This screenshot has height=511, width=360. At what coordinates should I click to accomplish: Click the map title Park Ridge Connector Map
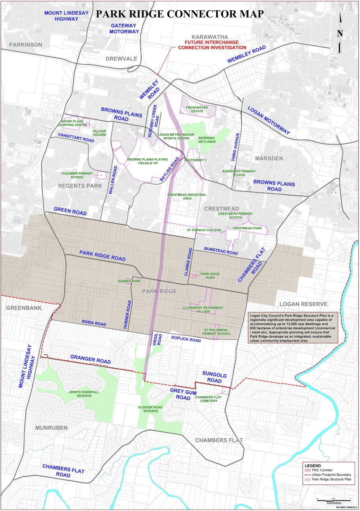tap(180, 13)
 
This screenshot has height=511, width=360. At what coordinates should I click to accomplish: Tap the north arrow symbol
tap(340, 33)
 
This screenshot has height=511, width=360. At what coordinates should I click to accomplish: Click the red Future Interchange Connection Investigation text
tap(212, 45)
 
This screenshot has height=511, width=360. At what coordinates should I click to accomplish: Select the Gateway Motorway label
tap(123, 28)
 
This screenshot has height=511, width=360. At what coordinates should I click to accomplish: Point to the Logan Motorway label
tap(269, 122)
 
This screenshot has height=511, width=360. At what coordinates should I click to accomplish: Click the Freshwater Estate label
tap(198, 108)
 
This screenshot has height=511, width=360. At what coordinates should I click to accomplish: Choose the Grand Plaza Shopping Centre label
tap(73, 123)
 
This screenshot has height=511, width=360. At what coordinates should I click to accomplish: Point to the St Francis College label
tap(204, 230)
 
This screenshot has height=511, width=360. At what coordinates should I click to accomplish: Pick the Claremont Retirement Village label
tap(203, 310)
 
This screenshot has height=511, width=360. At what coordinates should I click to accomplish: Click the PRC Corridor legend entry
tap(322, 470)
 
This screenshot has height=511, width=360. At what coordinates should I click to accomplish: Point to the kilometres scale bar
tap(333, 499)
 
